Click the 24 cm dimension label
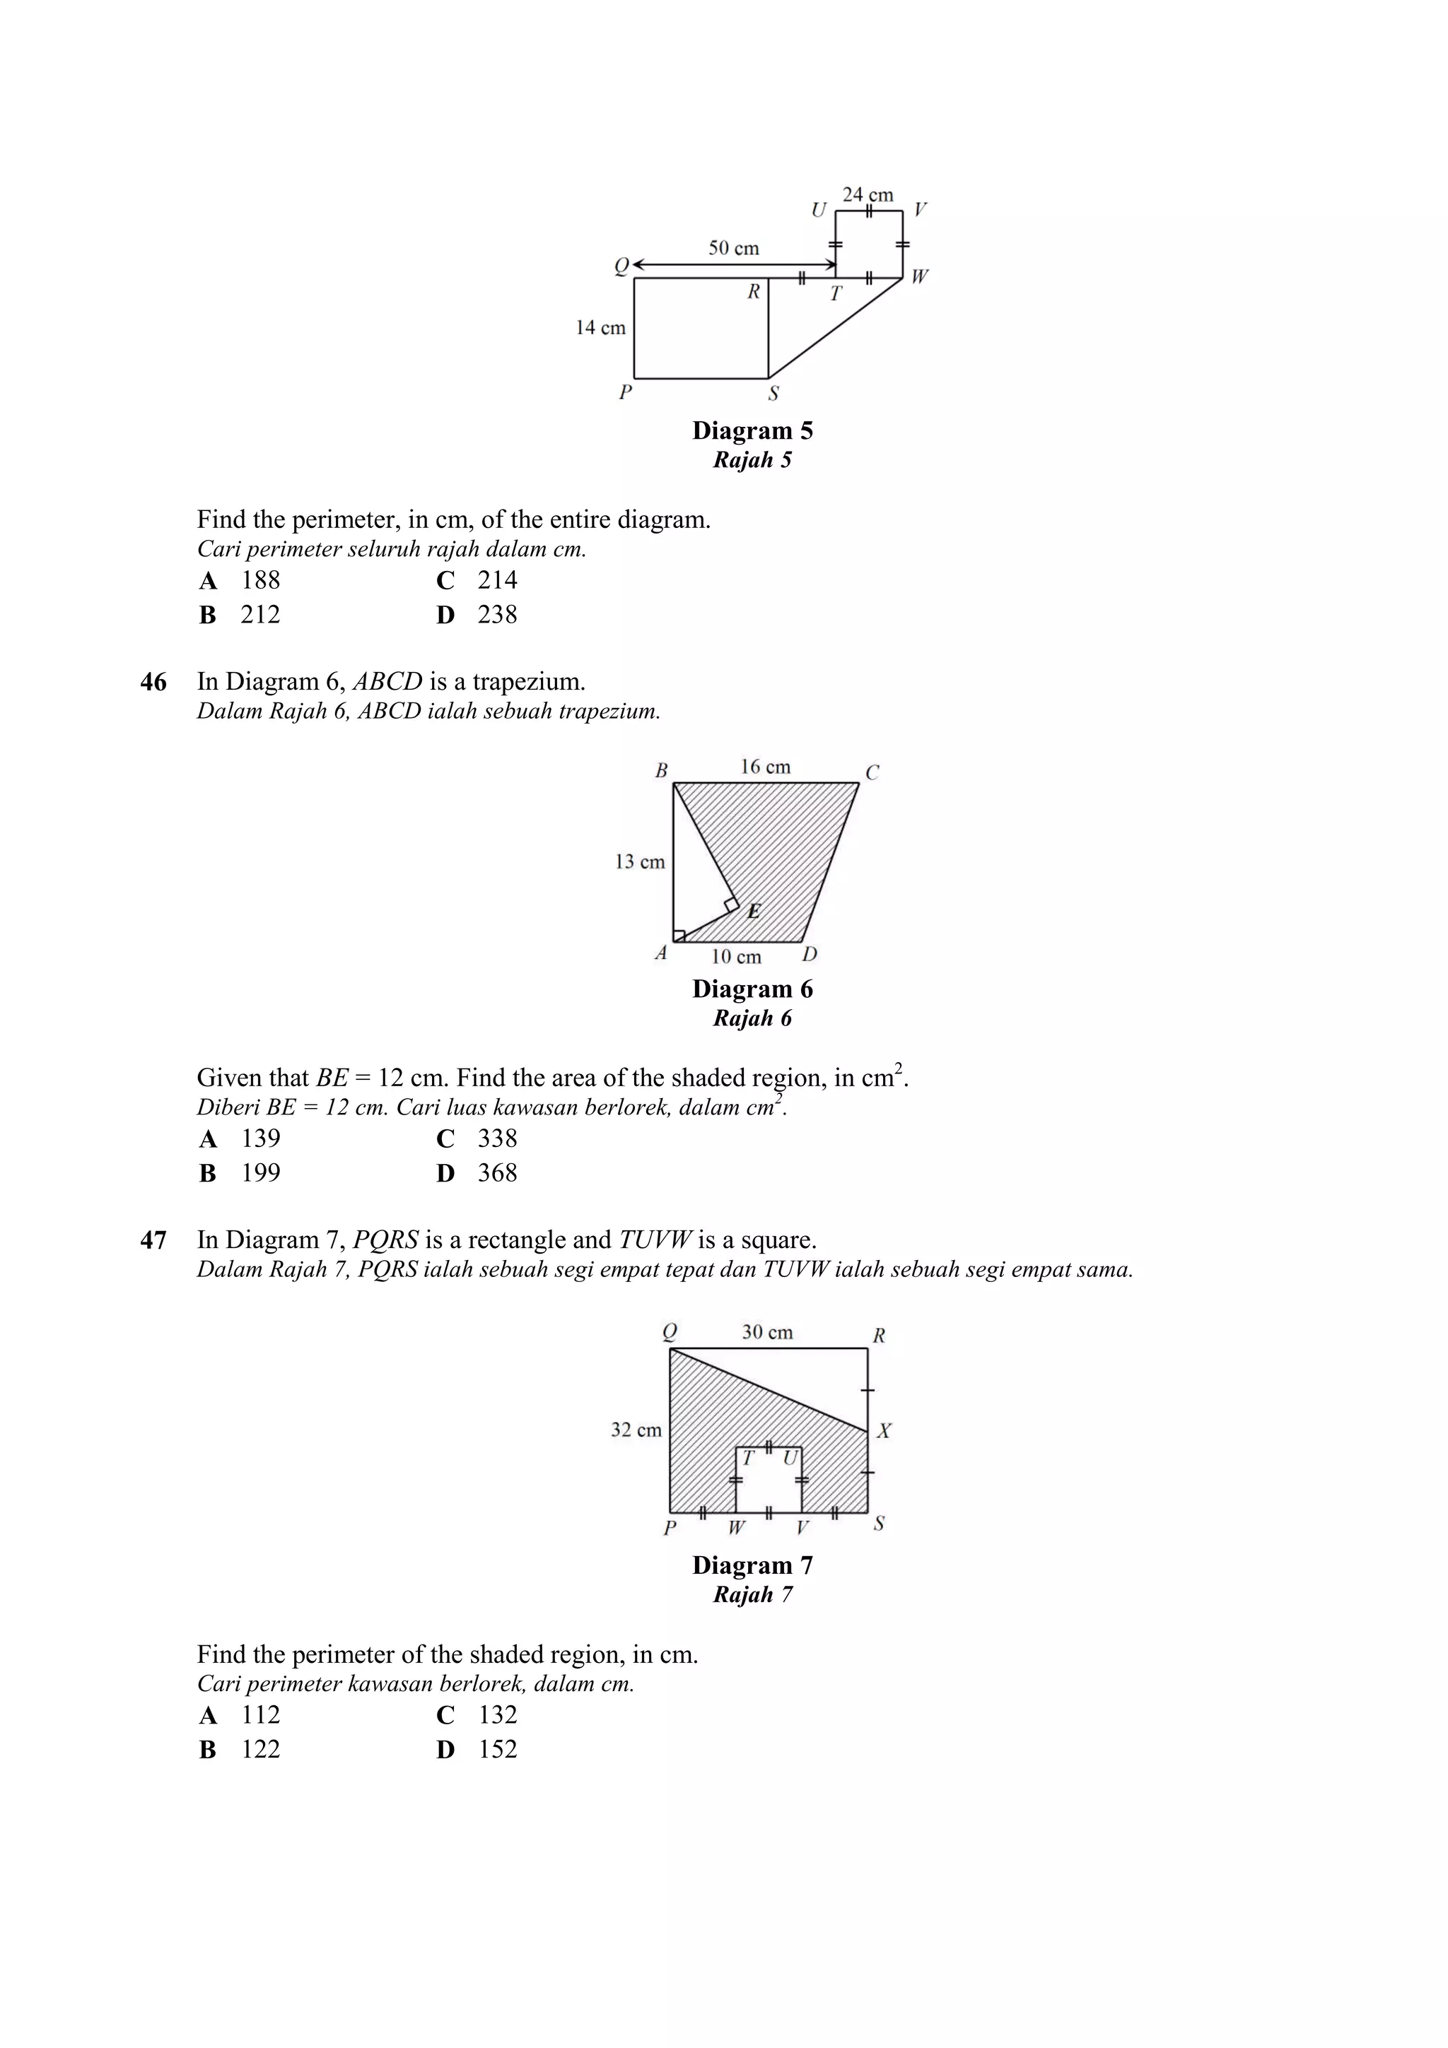(x=868, y=194)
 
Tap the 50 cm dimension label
(x=733, y=248)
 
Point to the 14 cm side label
(x=600, y=327)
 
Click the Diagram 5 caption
(x=752, y=431)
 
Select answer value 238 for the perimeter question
(x=497, y=615)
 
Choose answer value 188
(x=260, y=581)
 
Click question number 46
(x=153, y=683)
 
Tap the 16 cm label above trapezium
(x=764, y=767)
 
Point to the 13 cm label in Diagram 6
(x=640, y=861)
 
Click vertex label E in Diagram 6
(x=754, y=912)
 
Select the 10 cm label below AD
(x=736, y=957)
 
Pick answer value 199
(x=260, y=1173)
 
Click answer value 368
(x=497, y=1173)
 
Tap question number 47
(x=153, y=1241)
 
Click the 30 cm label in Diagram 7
(x=766, y=1333)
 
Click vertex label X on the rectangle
(x=883, y=1432)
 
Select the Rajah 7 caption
(x=752, y=1595)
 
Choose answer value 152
(x=497, y=1749)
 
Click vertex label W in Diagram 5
(x=919, y=276)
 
